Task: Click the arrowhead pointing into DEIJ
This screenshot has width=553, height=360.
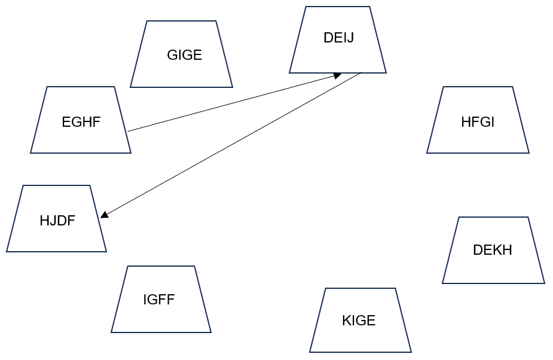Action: [x=338, y=75]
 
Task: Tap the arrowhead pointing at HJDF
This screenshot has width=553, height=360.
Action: [x=104, y=215]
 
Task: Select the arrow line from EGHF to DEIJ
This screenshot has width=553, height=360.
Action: [x=233, y=103]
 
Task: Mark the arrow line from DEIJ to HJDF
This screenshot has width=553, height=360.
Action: [x=233, y=144]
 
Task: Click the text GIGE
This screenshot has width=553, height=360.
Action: [x=185, y=55]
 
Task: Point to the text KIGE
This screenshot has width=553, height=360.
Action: [x=359, y=321]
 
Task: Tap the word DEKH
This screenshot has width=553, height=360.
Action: [x=493, y=250]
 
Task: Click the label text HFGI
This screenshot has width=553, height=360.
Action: [x=478, y=123]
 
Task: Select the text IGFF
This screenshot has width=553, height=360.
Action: [x=159, y=300]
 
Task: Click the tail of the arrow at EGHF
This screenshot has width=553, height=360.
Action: [x=129, y=131]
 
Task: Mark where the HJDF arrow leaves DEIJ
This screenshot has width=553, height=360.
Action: [x=362, y=72]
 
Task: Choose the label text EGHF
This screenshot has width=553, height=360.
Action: [x=81, y=123]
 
